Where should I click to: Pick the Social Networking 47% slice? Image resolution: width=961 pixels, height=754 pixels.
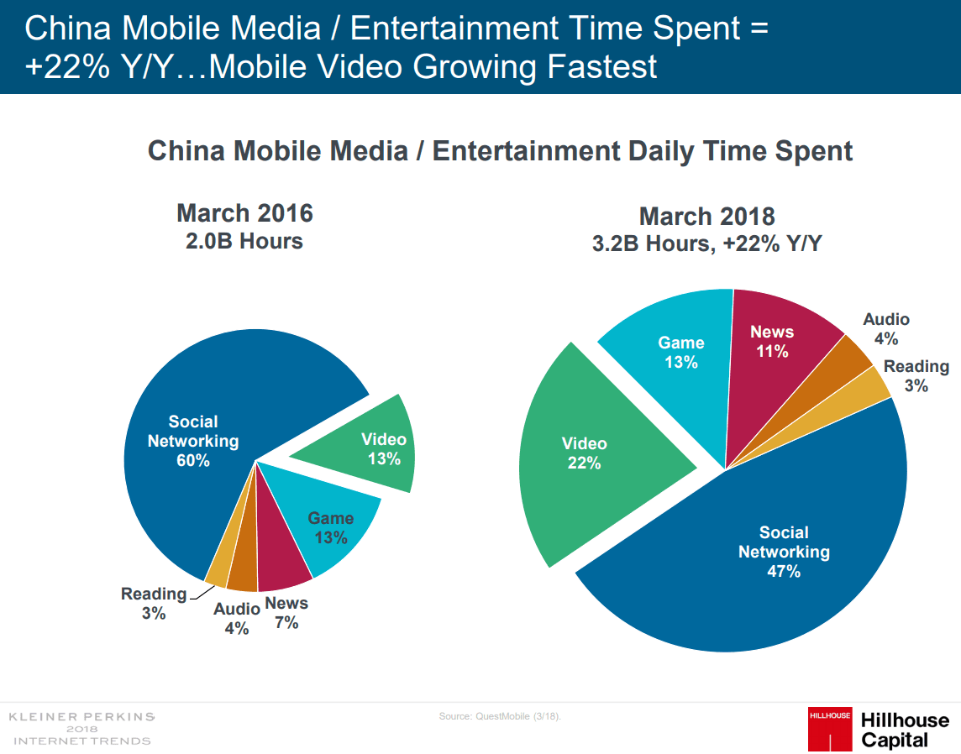coord(756,554)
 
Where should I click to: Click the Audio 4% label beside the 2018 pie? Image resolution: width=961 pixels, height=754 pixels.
coord(886,329)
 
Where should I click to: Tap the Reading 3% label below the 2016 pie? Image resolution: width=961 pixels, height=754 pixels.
coord(154,604)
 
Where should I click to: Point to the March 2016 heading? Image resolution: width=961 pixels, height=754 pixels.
coord(244,213)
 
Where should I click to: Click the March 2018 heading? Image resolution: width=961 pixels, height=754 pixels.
coord(706,217)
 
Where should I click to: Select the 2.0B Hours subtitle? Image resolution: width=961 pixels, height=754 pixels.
coord(244,242)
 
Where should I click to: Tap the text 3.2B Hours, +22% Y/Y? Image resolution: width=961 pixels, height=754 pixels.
coord(706,245)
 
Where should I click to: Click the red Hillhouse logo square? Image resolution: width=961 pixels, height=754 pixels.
coord(829,729)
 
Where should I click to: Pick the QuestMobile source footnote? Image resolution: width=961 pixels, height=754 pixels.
coord(500,716)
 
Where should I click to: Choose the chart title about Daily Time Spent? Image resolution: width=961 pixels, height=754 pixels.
coord(500,151)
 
